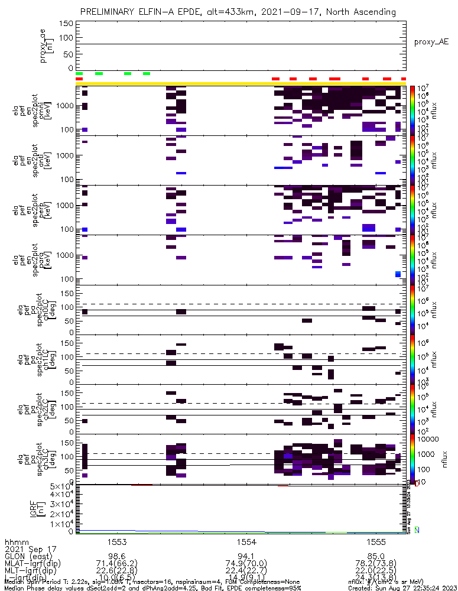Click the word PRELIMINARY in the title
click(x=109, y=12)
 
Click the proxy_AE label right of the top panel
click(x=431, y=42)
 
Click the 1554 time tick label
click(x=246, y=541)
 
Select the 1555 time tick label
click(x=376, y=541)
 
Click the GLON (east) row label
click(x=28, y=556)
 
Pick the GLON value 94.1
click(x=246, y=556)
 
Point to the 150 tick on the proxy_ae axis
click(x=67, y=24)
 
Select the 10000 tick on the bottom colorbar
click(x=428, y=440)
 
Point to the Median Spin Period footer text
click(x=35, y=583)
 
